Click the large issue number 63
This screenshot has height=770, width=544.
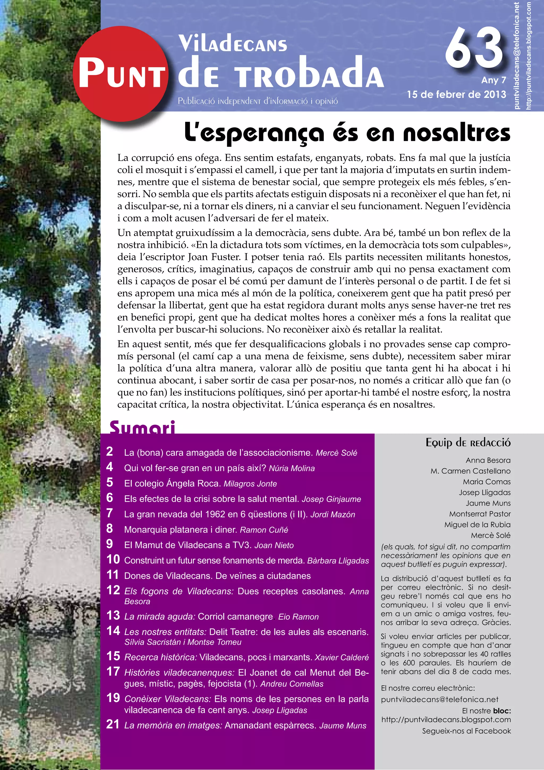coord(474,48)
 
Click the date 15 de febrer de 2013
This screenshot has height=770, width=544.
coord(456,95)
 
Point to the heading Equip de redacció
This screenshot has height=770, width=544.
coord(468,443)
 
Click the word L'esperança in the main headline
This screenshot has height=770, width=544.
coord(254,133)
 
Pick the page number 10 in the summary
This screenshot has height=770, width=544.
coord(113,559)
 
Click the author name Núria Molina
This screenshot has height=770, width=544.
coord(292,468)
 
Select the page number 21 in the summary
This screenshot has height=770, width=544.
coord(113,724)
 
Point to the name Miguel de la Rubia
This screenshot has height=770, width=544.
coord(477,525)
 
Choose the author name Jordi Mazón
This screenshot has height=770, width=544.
coord(333,514)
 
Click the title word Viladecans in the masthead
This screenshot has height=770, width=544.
coord(233,44)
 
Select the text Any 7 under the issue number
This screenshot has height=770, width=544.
coord(494,80)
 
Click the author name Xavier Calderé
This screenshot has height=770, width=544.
coord(342,657)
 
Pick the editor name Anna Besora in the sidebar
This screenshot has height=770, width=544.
coord(488,460)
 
